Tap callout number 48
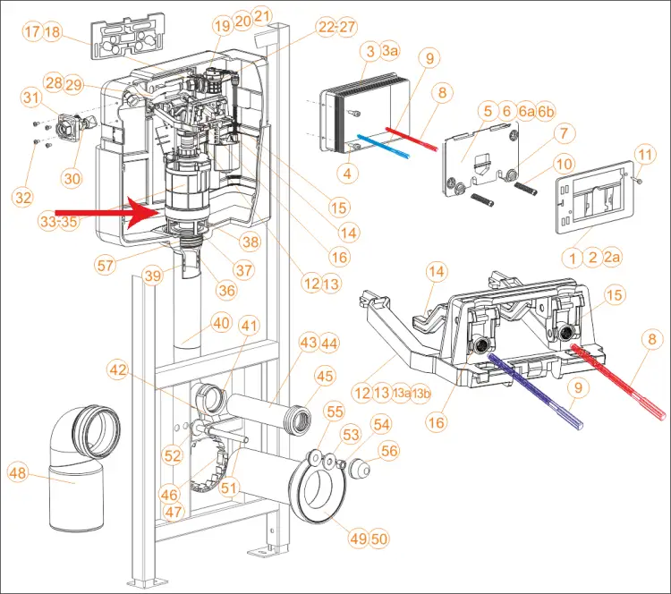click(18, 473)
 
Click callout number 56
click(389, 451)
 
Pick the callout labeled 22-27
click(336, 27)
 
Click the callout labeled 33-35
click(59, 222)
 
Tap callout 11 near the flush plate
click(645, 154)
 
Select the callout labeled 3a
click(389, 50)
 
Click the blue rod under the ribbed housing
click(383, 146)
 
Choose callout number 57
click(105, 266)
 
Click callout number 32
click(23, 198)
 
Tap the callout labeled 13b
click(420, 394)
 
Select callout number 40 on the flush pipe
click(221, 323)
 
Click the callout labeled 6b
click(545, 112)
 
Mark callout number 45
click(325, 377)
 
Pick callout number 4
click(347, 174)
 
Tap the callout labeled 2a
click(612, 258)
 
